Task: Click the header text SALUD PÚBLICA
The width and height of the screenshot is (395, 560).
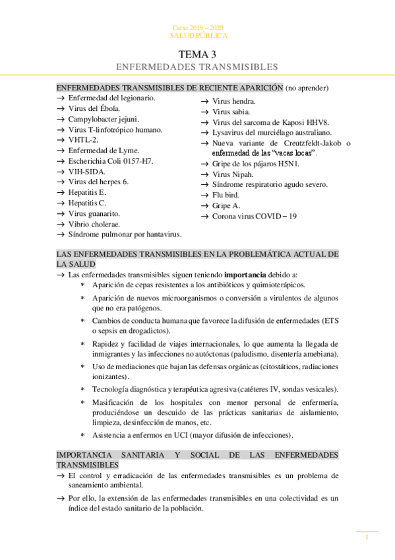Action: point(197,36)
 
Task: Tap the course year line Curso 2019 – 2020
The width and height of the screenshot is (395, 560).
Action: point(197,28)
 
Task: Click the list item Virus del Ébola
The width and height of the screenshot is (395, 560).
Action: point(94,108)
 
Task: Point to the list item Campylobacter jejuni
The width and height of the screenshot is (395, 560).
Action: point(104,119)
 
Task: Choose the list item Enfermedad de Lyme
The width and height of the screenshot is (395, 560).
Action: point(104,150)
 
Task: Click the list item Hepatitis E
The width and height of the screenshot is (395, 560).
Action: point(87,192)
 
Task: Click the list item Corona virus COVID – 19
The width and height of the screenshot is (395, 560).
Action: point(254,216)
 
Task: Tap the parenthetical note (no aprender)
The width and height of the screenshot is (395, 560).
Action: point(307,87)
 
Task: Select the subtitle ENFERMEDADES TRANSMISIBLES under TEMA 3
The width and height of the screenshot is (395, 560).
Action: point(197,67)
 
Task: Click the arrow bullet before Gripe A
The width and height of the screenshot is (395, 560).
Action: point(204,205)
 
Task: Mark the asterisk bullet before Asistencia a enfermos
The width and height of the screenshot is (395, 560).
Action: point(82,435)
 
